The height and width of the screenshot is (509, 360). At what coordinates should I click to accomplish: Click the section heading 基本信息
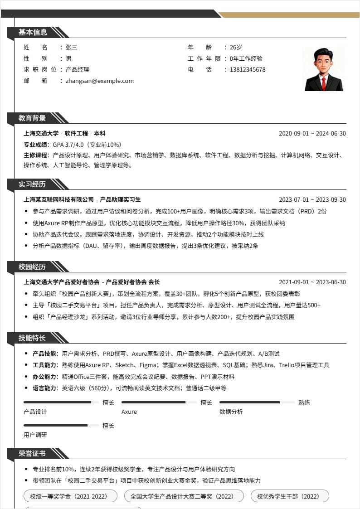[x=33, y=32]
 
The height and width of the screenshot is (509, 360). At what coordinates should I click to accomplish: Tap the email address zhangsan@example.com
[x=100, y=81]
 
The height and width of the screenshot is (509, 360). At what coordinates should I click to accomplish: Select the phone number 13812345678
[x=248, y=70]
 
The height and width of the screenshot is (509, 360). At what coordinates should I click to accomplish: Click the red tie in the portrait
[x=324, y=83]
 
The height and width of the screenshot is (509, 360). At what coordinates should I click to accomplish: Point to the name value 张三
[x=71, y=47]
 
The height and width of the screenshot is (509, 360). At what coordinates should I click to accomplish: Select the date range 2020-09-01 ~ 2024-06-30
[x=312, y=133]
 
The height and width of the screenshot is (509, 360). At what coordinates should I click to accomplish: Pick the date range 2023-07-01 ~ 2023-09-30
[x=312, y=200]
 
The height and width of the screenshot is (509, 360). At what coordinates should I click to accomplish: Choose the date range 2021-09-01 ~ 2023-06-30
[x=312, y=282]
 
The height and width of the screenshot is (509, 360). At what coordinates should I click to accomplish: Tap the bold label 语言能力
[x=45, y=388]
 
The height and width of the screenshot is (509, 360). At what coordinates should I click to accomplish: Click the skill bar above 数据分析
[x=257, y=402]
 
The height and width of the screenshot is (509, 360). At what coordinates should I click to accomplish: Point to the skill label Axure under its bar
[x=129, y=412]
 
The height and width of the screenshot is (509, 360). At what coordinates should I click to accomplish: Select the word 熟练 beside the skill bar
[x=304, y=402]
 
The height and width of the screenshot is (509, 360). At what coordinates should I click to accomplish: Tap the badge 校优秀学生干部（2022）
[x=290, y=496]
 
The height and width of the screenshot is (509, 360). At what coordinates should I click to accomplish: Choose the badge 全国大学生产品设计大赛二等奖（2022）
[x=184, y=496]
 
